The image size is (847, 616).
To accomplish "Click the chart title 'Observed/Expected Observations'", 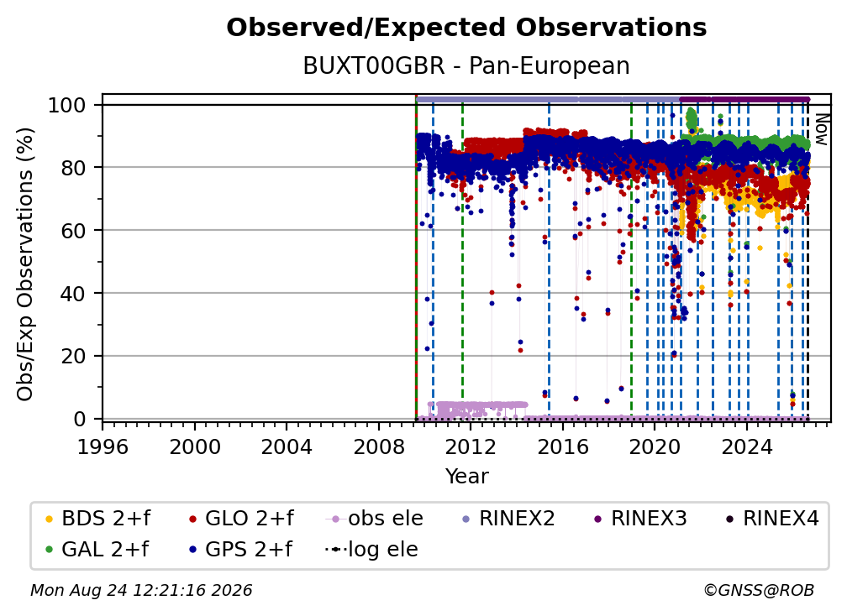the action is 466,28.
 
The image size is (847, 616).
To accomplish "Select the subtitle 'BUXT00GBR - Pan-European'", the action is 466,65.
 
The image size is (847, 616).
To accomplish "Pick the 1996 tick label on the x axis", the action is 103,447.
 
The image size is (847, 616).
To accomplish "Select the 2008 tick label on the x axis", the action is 379,447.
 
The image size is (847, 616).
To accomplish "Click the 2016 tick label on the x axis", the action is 563,447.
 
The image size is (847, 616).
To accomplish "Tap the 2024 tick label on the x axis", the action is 747,447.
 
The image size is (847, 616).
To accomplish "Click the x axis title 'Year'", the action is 466,477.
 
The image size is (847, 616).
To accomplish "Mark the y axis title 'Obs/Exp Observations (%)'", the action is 25,264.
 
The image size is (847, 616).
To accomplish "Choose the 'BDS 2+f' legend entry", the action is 97,519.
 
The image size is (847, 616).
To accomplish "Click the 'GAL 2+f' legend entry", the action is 97,550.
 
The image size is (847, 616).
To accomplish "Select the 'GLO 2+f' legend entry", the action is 241,519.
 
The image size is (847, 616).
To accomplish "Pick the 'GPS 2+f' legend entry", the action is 240,550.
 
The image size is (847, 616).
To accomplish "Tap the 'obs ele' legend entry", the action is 375,519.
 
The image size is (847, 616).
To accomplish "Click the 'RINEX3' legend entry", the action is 640,519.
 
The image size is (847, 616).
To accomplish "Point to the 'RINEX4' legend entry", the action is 772,519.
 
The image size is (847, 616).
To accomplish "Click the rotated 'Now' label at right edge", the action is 820,129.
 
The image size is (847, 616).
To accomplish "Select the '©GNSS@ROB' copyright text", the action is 759,591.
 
